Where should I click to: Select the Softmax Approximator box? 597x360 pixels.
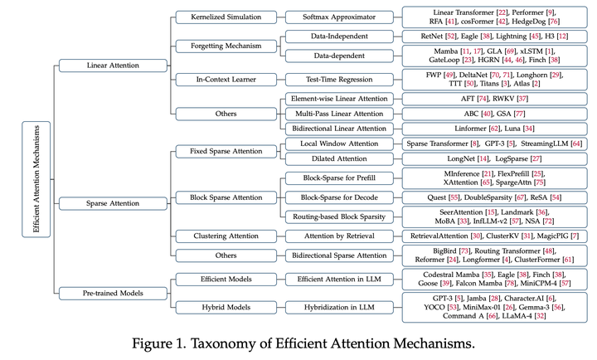coord(339,17)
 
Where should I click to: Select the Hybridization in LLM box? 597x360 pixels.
coord(339,306)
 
